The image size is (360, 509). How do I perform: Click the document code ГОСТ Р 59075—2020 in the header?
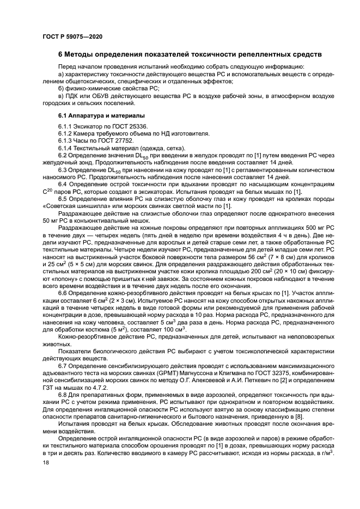(x=71, y=36)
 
